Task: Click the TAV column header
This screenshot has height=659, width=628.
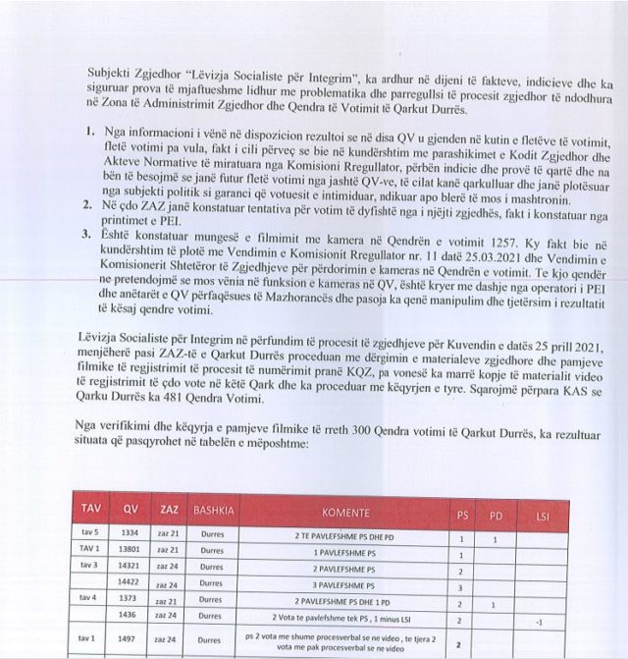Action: [x=91, y=513]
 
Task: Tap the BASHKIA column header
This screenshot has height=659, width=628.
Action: [x=214, y=513]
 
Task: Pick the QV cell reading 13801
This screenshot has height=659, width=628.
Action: [x=130, y=548]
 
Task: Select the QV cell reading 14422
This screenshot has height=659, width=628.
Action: [x=130, y=581]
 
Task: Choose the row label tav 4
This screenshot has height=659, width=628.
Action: [x=89, y=597]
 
